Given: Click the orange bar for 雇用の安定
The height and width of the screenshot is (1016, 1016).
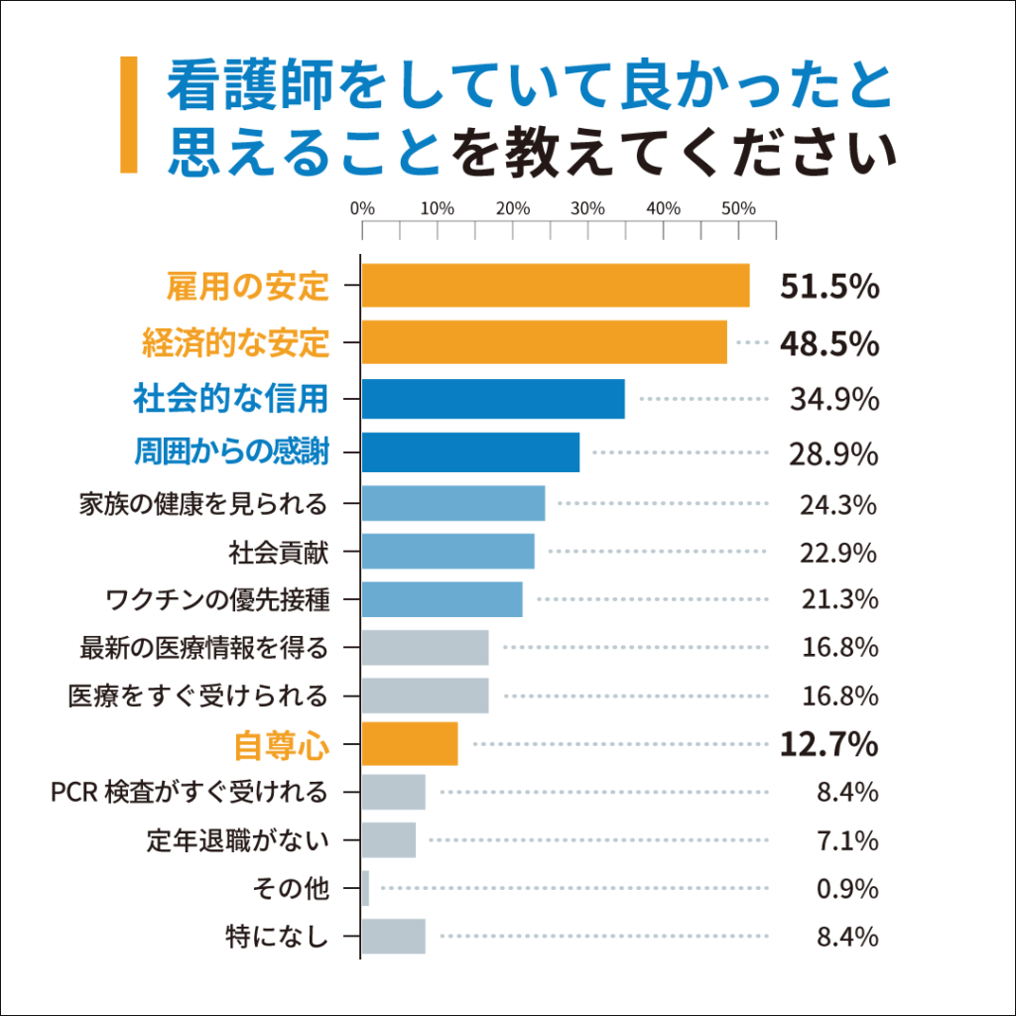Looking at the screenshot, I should click(x=556, y=286).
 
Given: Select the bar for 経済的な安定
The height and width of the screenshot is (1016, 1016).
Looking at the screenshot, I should click(x=544, y=341).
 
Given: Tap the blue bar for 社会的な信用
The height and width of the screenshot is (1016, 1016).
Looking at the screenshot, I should click(x=493, y=399).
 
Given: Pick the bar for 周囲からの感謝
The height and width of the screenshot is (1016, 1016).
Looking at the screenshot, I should click(x=470, y=452).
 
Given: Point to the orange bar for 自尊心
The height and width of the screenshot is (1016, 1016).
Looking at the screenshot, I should click(x=410, y=744).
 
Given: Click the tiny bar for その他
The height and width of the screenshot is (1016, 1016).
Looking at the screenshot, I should click(x=365, y=888).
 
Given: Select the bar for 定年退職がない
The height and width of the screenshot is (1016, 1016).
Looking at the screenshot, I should click(x=389, y=840).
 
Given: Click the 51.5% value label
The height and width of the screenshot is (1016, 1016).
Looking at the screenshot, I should click(x=829, y=287).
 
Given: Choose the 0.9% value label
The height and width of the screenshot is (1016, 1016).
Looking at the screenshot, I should click(x=847, y=889).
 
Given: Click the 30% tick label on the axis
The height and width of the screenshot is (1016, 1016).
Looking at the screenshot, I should click(x=587, y=209).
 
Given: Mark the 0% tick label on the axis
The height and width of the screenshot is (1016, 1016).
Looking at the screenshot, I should click(x=362, y=209).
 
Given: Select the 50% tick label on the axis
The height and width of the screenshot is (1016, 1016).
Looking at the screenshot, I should click(x=738, y=209).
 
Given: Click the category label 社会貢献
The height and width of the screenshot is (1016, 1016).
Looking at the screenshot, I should click(x=278, y=552).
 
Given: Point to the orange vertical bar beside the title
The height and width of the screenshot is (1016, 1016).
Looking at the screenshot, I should click(x=129, y=114).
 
